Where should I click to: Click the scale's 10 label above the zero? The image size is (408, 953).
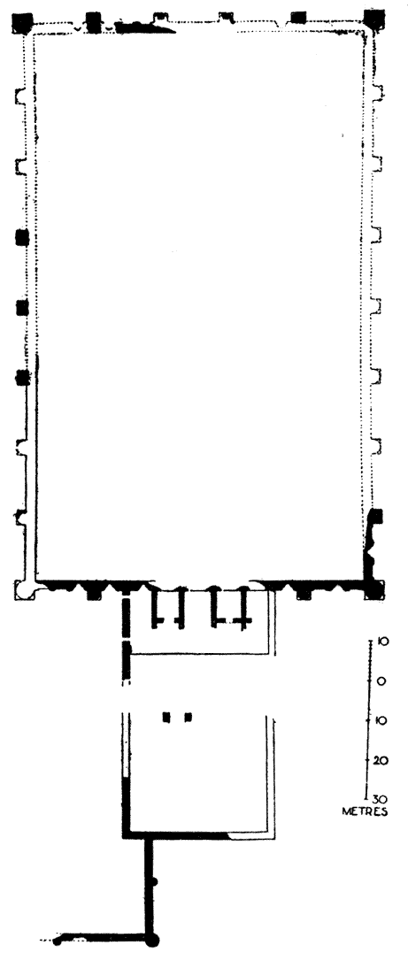382,642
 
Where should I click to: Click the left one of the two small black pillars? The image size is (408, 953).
166,717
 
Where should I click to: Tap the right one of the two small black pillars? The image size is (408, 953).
188,717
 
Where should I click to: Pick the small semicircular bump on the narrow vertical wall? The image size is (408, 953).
155,880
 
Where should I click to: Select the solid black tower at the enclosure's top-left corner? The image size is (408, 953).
22,22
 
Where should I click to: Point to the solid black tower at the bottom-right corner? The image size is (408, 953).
374,589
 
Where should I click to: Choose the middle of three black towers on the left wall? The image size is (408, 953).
22,308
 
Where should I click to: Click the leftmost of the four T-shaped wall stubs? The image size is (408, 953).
156,606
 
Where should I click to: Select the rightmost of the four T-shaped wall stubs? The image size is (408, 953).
244,606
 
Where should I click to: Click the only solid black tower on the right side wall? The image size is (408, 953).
377,516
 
